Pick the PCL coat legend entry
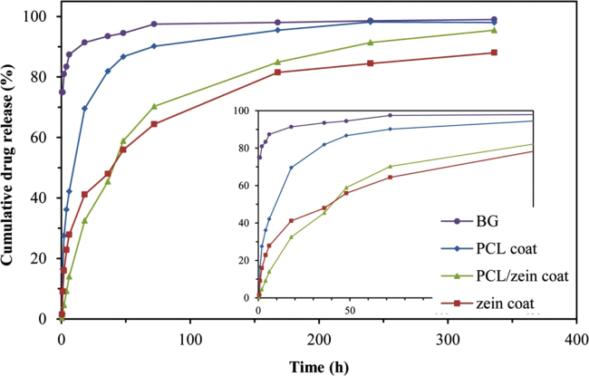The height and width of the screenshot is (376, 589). point(490,248)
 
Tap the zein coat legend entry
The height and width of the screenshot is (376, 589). point(491,303)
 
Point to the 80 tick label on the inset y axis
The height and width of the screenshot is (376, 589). point(243,149)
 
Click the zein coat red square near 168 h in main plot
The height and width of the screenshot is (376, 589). point(277,72)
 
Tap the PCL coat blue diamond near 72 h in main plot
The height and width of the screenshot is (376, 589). point(154,46)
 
